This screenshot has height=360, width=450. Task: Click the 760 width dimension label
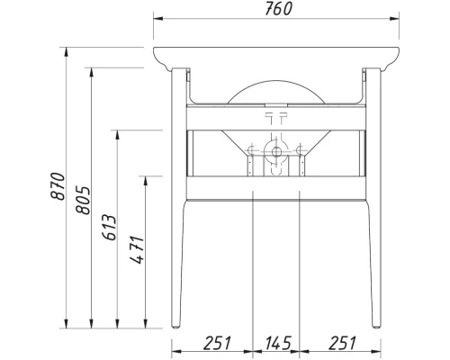coord(277,11)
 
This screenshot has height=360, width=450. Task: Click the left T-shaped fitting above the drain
coord(270,117)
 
